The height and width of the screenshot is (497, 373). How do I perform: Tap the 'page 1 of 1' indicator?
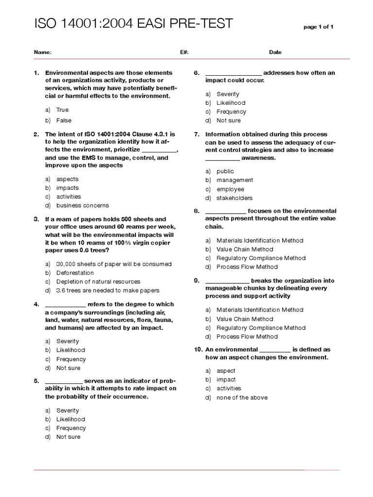click(x=318, y=27)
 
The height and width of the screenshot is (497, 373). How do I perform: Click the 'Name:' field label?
click(x=42, y=52)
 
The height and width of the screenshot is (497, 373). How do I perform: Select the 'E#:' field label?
click(x=184, y=52)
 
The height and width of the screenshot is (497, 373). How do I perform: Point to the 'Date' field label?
click(x=275, y=52)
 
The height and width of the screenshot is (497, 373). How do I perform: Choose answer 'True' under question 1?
click(x=62, y=110)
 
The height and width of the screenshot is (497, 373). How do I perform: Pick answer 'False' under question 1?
click(x=63, y=120)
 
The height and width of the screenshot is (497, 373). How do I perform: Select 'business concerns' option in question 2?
click(x=83, y=205)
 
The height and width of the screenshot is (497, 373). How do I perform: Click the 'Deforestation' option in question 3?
click(x=75, y=273)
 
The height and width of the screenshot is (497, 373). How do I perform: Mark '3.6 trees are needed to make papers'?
click(x=107, y=290)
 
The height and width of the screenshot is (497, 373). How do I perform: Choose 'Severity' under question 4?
click(x=68, y=341)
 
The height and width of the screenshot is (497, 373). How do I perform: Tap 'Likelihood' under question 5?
click(x=70, y=419)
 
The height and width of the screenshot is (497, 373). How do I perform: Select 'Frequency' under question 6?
click(x=231, y=112)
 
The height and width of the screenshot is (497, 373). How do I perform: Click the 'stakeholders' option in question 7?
click(x=235, y=198)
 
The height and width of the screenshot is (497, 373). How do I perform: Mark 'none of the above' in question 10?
click(x=242, y=398)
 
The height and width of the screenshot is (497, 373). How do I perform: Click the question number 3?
click(x=36, y=219)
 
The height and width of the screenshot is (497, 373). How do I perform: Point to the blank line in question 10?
click(x=275, y=350)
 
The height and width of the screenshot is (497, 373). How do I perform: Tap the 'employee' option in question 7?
click(x=230, y=189)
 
